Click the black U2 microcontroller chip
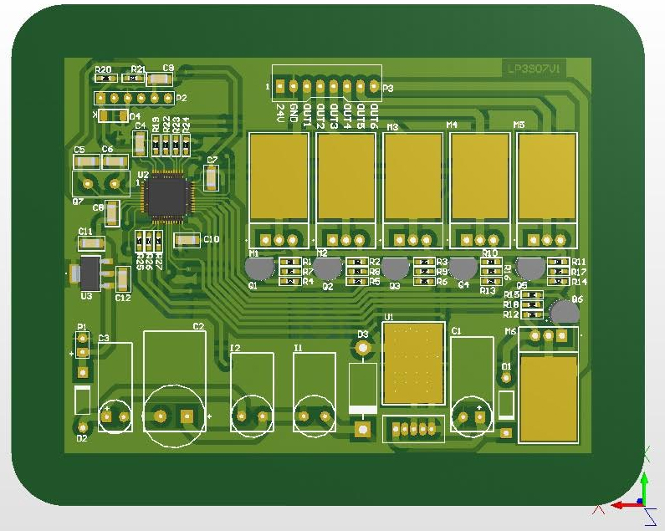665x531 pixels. click(166, 196)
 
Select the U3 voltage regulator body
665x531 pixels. click(90, 273)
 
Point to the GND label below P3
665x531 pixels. click(294, 113)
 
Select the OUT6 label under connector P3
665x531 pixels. click(374, 115)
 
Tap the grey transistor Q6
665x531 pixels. click(565, 312)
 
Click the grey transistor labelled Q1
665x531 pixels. click(259, 268)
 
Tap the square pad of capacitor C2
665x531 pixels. click(187, 415)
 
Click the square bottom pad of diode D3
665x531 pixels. click(362, 430)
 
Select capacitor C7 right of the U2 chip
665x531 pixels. click(212, 177)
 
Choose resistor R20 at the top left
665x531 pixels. click(105, 78)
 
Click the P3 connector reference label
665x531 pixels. click(387, 88)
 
